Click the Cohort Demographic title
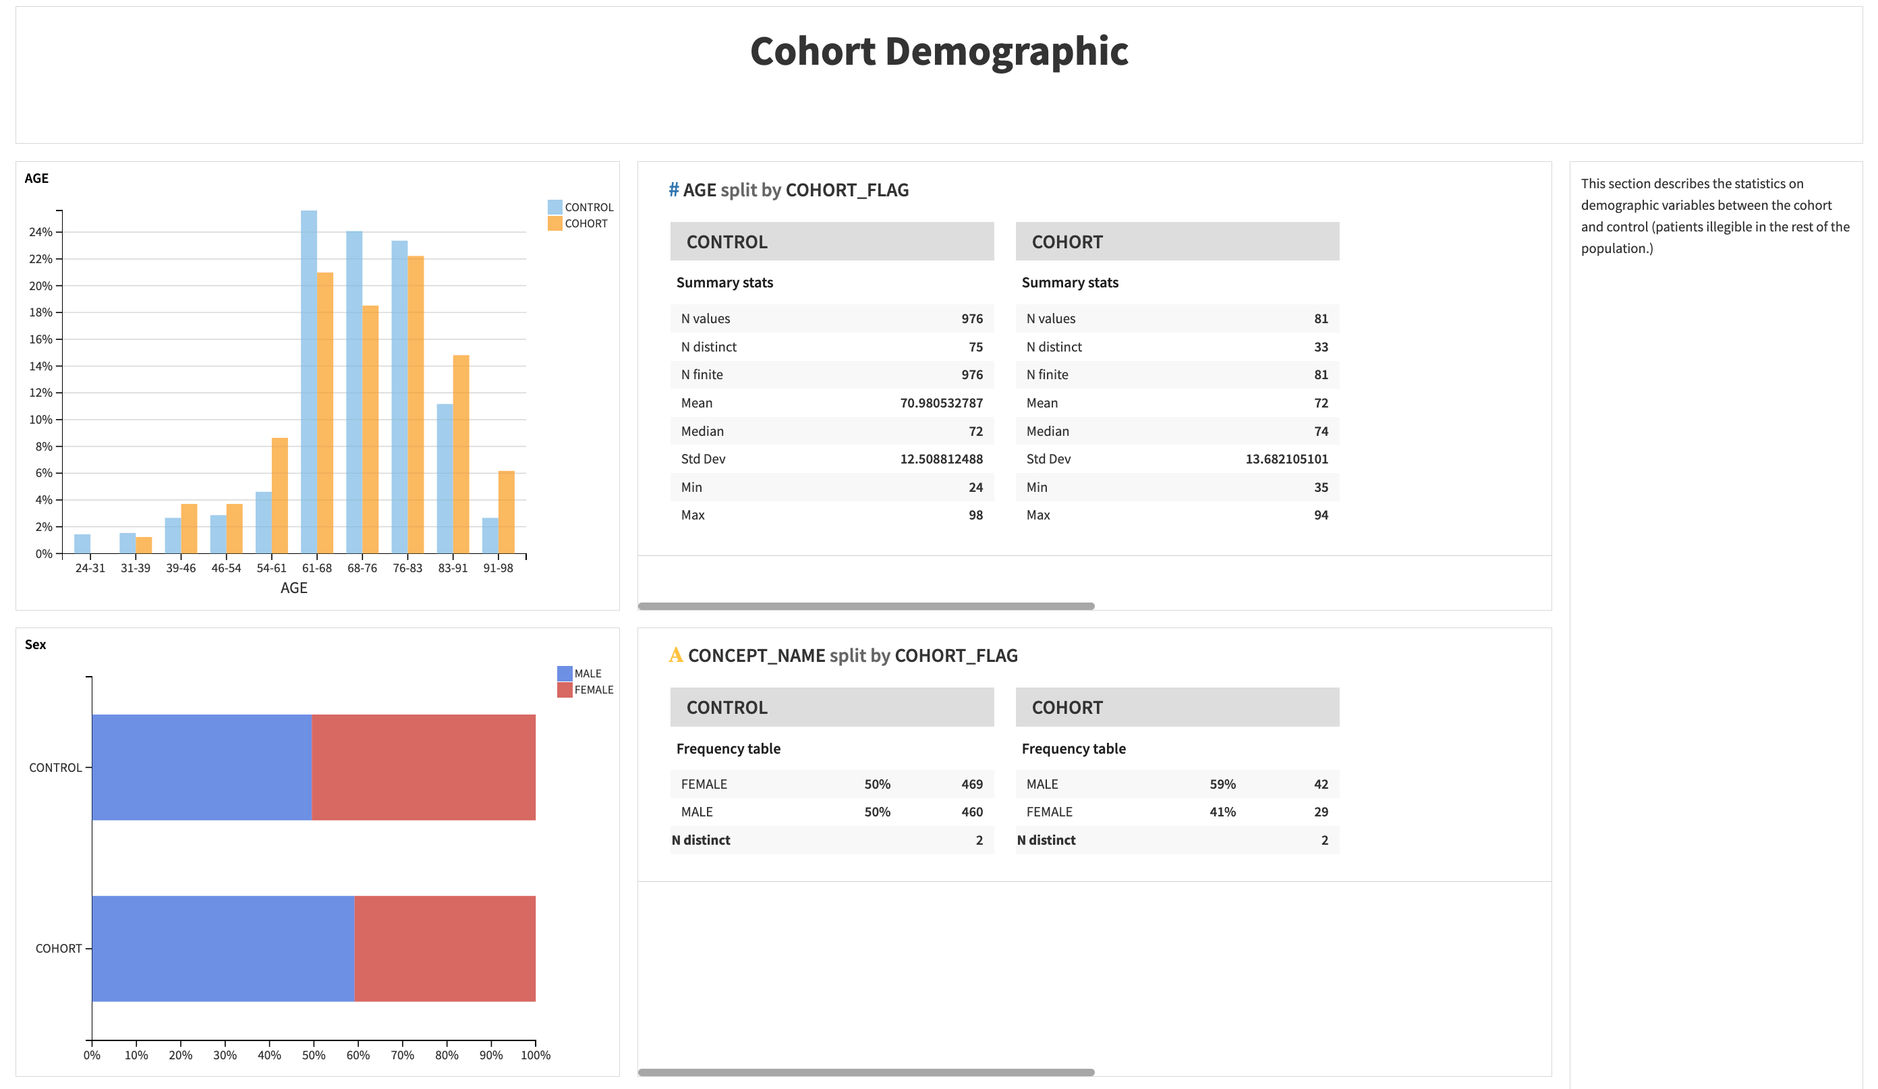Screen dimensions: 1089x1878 click(938, 51)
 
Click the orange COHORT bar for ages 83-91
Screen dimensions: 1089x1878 click(461, 454)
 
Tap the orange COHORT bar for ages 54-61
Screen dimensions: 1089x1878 click(279, 495)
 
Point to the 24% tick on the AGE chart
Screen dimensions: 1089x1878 click(41, 232)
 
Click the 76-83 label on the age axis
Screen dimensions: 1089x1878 click(407, 568)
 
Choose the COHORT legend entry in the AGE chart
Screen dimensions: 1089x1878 click(585, 223)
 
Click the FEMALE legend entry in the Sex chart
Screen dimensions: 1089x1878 click(592, 690)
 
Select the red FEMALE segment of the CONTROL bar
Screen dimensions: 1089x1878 click(424, 767)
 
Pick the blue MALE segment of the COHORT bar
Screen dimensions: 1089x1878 click(223, 948)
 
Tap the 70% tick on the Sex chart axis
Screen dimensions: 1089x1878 click(403, 1055)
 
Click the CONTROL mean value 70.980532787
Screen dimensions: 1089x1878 click(940, 403)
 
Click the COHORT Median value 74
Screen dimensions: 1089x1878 click(1321, 432)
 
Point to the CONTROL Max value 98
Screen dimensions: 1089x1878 click(975, 515)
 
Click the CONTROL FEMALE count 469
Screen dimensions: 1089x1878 click(972, 784)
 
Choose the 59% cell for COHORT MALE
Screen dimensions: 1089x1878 click(1222, 784)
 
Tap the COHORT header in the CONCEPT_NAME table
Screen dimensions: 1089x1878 click(1067, 707)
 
